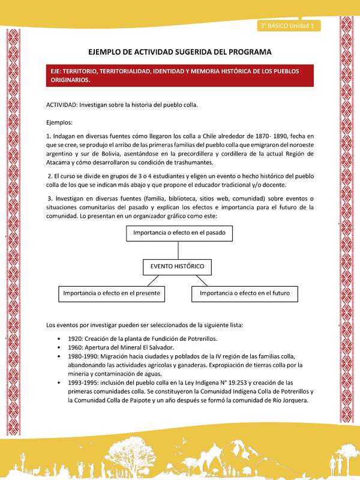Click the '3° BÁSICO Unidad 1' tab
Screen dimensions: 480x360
[x=290, y=26]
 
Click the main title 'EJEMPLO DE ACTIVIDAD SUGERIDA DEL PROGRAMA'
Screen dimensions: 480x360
[x=179, y=52]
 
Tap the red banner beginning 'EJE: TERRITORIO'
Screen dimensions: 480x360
[x=180, y=75]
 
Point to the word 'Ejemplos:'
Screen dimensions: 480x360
[x=61, y=122]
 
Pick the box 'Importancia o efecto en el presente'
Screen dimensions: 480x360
[x=112, y=294]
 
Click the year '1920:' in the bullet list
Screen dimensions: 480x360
[x=76, y=338]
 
